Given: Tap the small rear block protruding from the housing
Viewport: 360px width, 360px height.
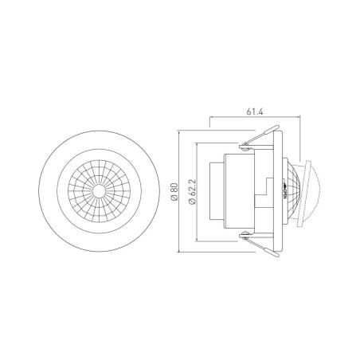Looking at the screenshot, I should click(216, 191).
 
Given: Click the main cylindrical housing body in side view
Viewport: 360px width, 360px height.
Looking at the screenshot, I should click(239, 191).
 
